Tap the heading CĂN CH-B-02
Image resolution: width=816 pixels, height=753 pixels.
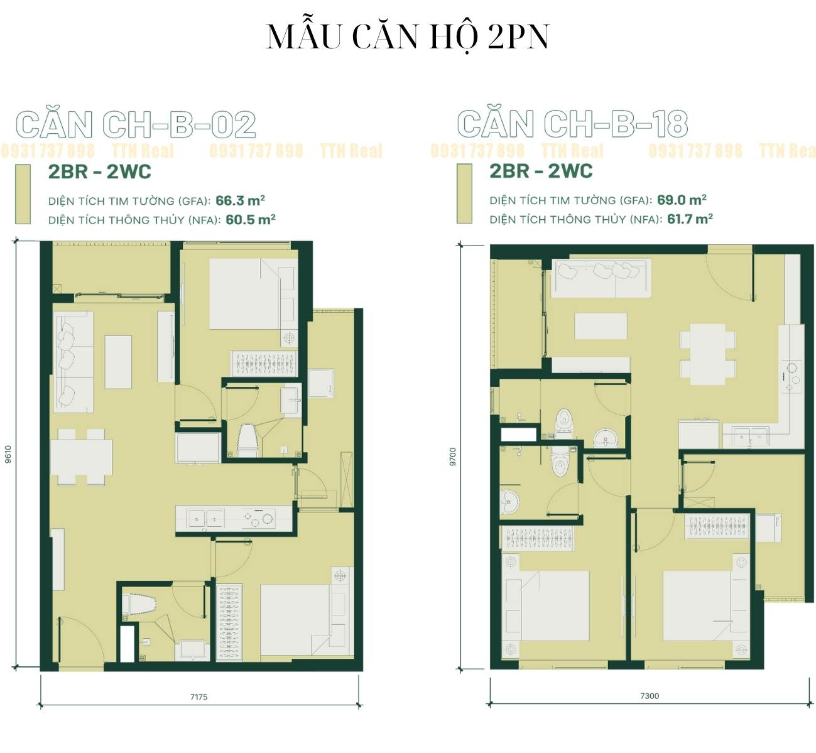(x=136, y=124)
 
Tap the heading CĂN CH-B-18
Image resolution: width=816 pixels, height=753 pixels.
(x=572, y=124)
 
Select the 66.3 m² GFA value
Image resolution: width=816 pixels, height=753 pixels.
(x=241, y=200)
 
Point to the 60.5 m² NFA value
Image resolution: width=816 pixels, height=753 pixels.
(x=251, y=219)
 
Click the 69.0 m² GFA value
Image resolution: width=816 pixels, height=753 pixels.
(x=682, y=200)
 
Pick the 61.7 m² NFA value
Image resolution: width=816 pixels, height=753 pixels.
(x=690, y=219)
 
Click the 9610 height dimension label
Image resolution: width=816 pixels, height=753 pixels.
(x=8, y=454)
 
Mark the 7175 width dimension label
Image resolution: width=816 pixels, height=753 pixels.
(x=199, y=696)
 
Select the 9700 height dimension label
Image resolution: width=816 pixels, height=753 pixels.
(x=452, y=457)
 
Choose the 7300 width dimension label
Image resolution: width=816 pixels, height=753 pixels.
(x=650, y=695)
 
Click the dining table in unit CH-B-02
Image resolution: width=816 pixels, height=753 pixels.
(x=81, y=457)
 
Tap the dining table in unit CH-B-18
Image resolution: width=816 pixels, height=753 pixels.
(x=707, y=354)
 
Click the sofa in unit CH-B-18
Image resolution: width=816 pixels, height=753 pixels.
(x=601, y=278)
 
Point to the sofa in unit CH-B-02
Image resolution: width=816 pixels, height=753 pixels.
(x=73, y=362)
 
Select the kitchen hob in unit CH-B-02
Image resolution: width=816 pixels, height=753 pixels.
(x=258, y=518)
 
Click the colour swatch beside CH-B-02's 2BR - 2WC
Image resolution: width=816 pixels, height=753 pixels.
(x=23, y=194)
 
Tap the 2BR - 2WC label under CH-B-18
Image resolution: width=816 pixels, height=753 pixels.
(x=541, y=171)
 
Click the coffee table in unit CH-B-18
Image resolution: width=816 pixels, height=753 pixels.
(x=601, y=326)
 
